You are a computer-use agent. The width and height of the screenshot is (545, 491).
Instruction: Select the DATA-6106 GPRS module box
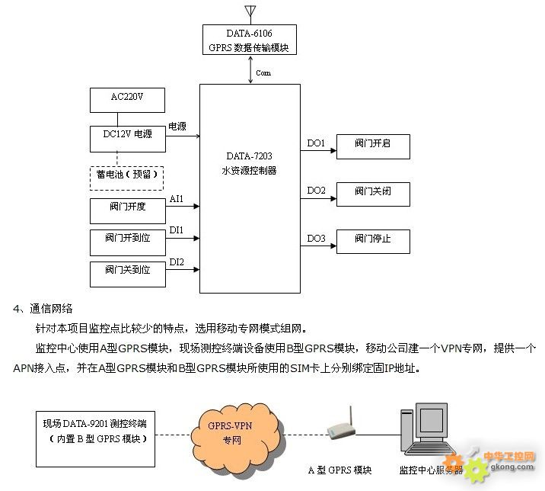pos(250,40)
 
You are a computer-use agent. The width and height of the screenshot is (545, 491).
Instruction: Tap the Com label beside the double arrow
pos(263,73)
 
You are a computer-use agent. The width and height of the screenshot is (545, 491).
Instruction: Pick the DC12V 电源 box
pos(127,135)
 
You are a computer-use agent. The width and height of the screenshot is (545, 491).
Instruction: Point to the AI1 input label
pos(177,199)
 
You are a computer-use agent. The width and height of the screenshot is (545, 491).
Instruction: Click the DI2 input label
pos(177,262)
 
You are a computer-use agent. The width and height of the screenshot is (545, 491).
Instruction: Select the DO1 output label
pos(316,143)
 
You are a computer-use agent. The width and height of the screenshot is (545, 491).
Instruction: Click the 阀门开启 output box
pos(372,146)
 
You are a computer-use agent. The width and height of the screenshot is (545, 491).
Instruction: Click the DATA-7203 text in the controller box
pos(249,156)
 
